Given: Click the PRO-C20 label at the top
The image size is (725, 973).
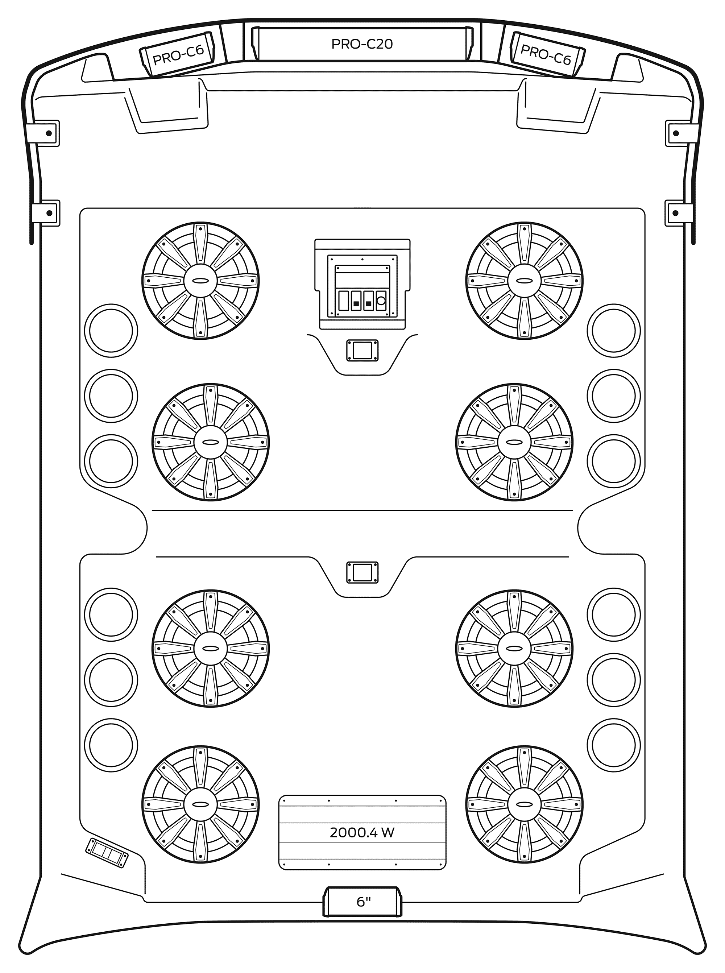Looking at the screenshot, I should pyautogui.click(x=362, y=44).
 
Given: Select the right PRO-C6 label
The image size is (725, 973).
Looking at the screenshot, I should pyautogui.click(x=546, y=55).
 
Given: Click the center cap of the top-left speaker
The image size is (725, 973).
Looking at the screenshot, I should pyautogui.click(x=200, y=281).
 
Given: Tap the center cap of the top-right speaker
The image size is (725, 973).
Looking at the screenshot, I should pyautogui.click(x=525, y=281).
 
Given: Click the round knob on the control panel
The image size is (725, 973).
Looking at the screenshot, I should pyautogui.click(x=381, y=301).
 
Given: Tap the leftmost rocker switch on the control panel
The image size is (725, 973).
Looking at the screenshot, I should pyautogui.click(x=344, y=301).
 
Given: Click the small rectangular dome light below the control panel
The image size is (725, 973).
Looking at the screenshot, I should pyautogui.click(x=362, y=350).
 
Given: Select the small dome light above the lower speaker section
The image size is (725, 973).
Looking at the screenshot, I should pyautogui.click(x=362, y=573).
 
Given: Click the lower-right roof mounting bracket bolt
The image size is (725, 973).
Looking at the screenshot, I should pyautogui.click(x=676, y=213).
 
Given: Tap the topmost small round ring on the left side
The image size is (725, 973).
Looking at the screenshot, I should pyautogui.click(x=111, y=331).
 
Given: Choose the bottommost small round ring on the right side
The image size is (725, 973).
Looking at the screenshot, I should pyautogui.click(x=613, y=745).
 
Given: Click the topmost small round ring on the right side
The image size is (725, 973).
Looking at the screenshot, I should pyautogui.click(x=613, y=331).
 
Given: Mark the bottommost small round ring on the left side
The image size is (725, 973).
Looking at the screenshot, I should pyautogui.click(x=111, y=745).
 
